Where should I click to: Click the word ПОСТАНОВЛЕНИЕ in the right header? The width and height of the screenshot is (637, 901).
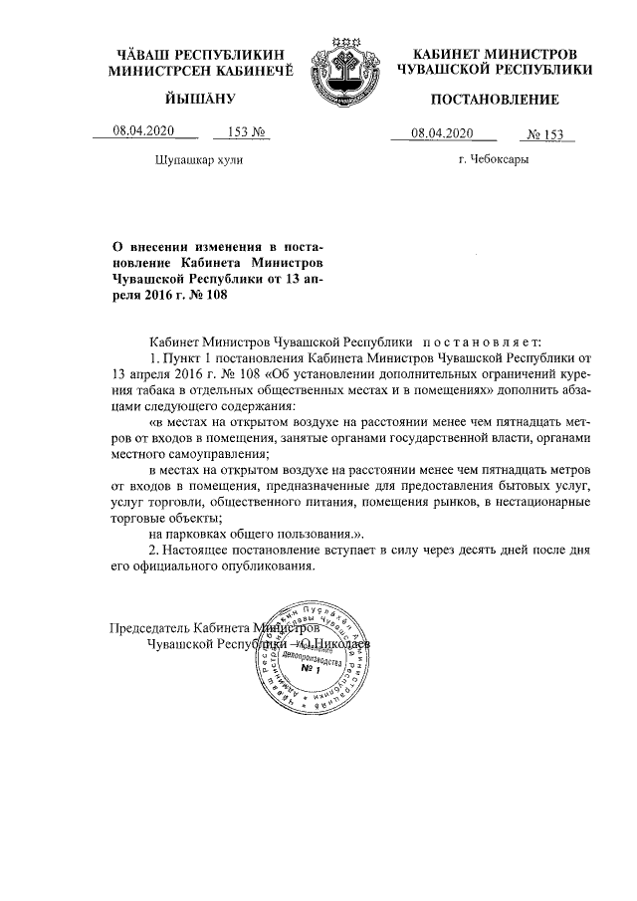click(494, 100)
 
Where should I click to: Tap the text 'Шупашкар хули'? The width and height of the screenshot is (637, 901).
click(198, 159)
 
